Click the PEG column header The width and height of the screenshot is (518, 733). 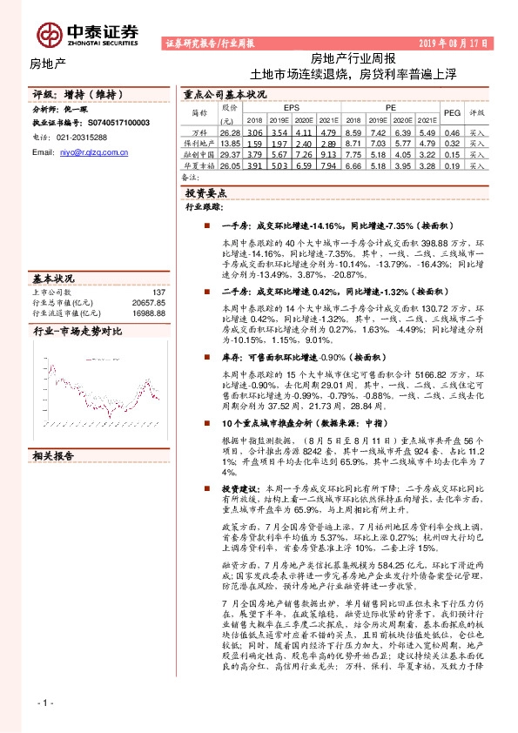click(x=452, y=112)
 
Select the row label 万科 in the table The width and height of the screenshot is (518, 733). click(x=199, y=131)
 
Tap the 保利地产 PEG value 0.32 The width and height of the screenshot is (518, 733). click(x=452, y=142)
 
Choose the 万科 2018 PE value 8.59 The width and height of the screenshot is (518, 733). click(x=353, y=131)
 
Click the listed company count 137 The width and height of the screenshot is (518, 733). click(x=158, y=293)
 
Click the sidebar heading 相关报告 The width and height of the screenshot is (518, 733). click(x=54, y=454)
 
